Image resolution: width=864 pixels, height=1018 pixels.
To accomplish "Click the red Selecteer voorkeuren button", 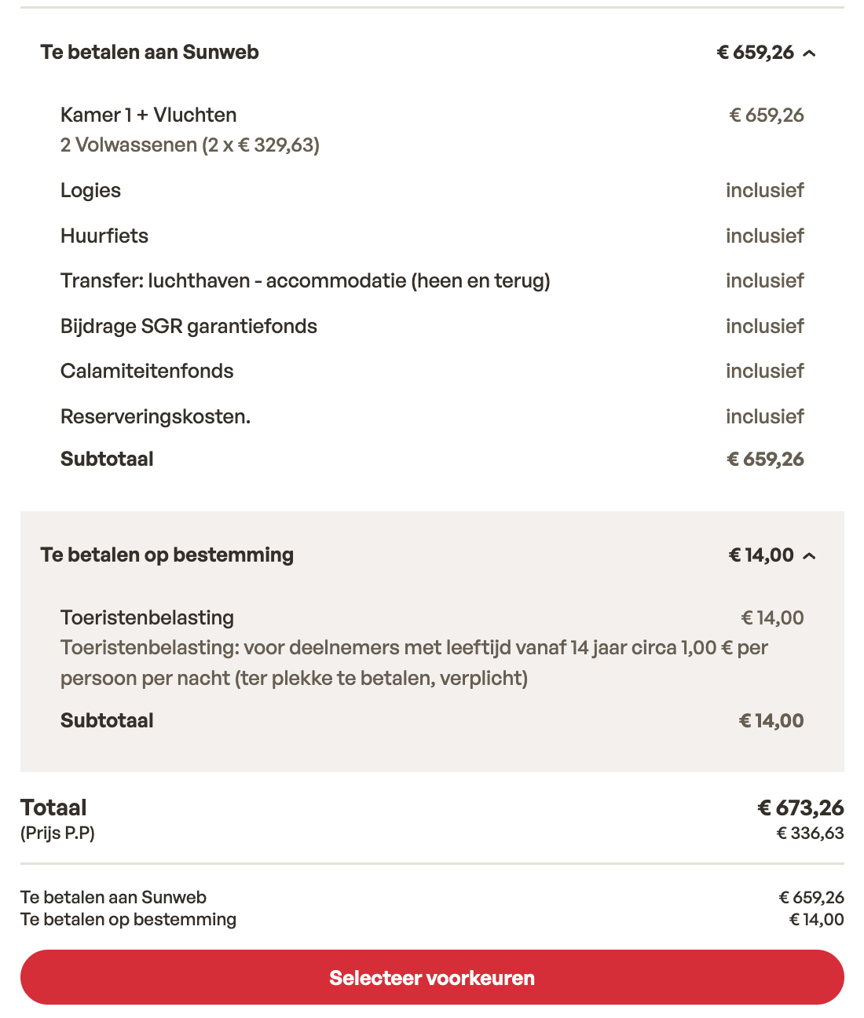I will (x=432, y=977).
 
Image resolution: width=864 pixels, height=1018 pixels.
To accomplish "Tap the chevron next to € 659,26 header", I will (x=810, y=53).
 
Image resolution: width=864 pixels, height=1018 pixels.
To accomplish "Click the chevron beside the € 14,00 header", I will (x=810, y=556).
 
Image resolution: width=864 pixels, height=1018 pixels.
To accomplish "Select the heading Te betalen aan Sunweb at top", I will (x=149, y=53).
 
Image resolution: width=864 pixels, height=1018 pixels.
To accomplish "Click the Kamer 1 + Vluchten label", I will (x=148, y=115).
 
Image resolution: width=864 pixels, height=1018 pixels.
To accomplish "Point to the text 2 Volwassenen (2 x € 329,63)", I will (x=190, y=145).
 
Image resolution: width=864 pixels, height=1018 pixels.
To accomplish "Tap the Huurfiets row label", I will (x=104, y=236).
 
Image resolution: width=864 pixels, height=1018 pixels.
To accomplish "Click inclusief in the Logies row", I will (x=764, y=191).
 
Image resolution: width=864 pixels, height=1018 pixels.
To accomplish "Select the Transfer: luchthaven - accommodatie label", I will (x=305, y=281).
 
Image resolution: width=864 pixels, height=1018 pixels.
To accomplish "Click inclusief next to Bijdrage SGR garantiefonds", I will (x=764, y=327).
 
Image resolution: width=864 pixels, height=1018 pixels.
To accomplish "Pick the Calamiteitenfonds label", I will (x=147, y=372).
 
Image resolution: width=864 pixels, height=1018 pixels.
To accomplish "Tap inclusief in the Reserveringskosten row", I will (x=764, y=417).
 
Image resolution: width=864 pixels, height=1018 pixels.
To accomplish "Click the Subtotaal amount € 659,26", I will (x=765, y=460).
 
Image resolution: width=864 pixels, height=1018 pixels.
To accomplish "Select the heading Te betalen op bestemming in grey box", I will (x=167, y=555).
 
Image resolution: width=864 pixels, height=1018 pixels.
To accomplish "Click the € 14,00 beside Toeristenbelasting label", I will (x=772, y=618).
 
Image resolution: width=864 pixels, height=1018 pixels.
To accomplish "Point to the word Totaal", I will (x=53, y=807).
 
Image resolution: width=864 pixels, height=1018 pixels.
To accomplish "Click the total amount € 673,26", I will (x=800, y=807).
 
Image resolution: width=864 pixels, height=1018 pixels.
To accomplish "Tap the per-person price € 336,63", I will (x=810, y=833).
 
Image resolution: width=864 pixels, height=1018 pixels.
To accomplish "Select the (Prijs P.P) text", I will (x=57, y=833).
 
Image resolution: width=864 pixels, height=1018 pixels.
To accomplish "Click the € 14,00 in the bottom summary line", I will (x=816, y=920).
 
